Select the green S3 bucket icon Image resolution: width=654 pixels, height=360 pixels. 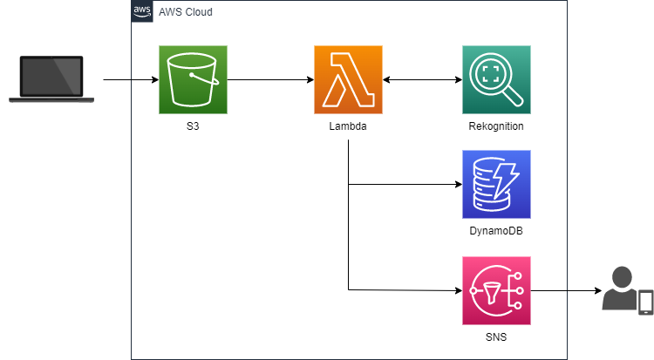click(193, 80)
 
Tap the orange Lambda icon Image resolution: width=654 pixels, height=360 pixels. click(349, 80)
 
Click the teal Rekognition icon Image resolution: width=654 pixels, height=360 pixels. click(496, 80)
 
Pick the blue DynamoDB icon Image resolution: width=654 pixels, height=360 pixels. click(496, 184)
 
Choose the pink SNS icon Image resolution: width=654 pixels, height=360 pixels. click(496, 289)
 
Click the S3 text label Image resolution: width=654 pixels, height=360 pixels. click(193, 127)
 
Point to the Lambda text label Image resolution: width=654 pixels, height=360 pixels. click(349, 127)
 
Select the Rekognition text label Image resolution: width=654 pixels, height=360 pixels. click(496, 127)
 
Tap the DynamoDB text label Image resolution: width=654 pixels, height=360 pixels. click(496, 231)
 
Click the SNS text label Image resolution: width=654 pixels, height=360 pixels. click(496, 336)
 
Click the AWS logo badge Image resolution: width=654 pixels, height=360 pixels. click(142, 11)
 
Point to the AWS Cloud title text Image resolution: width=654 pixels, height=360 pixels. click(185, 12)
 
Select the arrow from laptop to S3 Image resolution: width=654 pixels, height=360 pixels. click(131, 80)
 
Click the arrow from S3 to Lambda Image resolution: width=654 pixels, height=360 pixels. click(270, 80)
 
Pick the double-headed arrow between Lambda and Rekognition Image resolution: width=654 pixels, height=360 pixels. click(423, 80)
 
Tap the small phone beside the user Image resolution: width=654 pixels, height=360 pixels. click(646, 302)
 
